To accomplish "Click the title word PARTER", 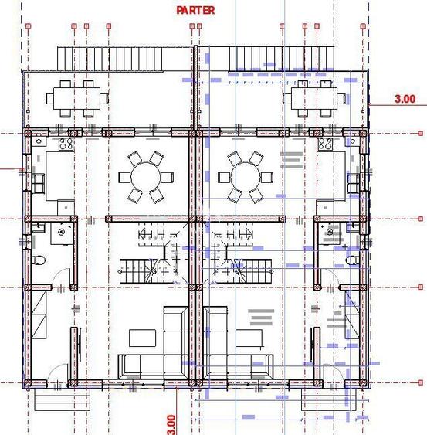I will pos(195,10).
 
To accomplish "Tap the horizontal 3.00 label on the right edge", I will pos(405,99).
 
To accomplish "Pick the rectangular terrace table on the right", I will pos(312,97).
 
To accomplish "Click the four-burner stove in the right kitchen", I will pos(327,143).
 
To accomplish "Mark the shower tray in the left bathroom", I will pos(62,233).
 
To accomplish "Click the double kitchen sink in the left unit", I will pos(38,182).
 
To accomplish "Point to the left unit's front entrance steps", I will pos(60,399).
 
